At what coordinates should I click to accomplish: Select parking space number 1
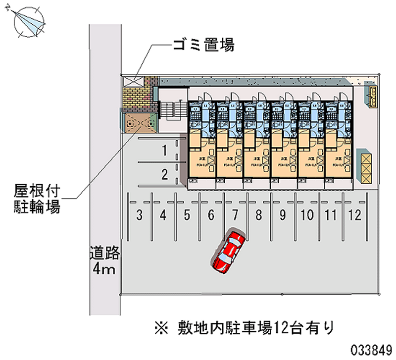(x=164, y=151)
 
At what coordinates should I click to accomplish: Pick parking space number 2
(x=164, y=174)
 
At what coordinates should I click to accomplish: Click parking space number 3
(x=140, y=215)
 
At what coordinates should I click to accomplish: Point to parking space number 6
(x=211, y=215)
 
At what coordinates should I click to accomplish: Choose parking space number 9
(x=283, y=215)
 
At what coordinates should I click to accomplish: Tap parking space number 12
(x=354, y=215)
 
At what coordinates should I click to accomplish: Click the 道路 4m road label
(x=104, y=261)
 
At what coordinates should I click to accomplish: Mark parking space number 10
(x=307, y=215)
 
